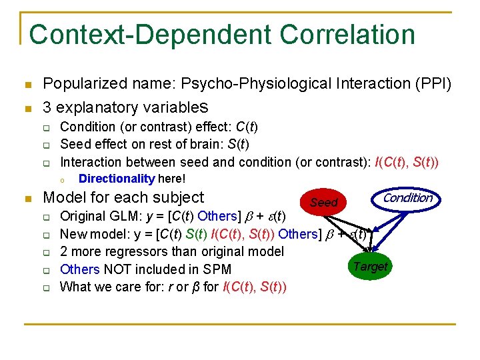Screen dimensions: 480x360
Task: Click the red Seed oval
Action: [x=323, y=201]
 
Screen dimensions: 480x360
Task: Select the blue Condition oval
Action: [x=408, y=197]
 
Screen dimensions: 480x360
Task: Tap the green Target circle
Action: [x=370, y=267]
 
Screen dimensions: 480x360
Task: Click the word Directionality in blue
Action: [x=117, y=179]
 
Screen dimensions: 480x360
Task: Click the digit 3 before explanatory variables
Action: [x=47, y=107]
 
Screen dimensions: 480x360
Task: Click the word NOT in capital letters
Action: [x=117, y=269]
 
